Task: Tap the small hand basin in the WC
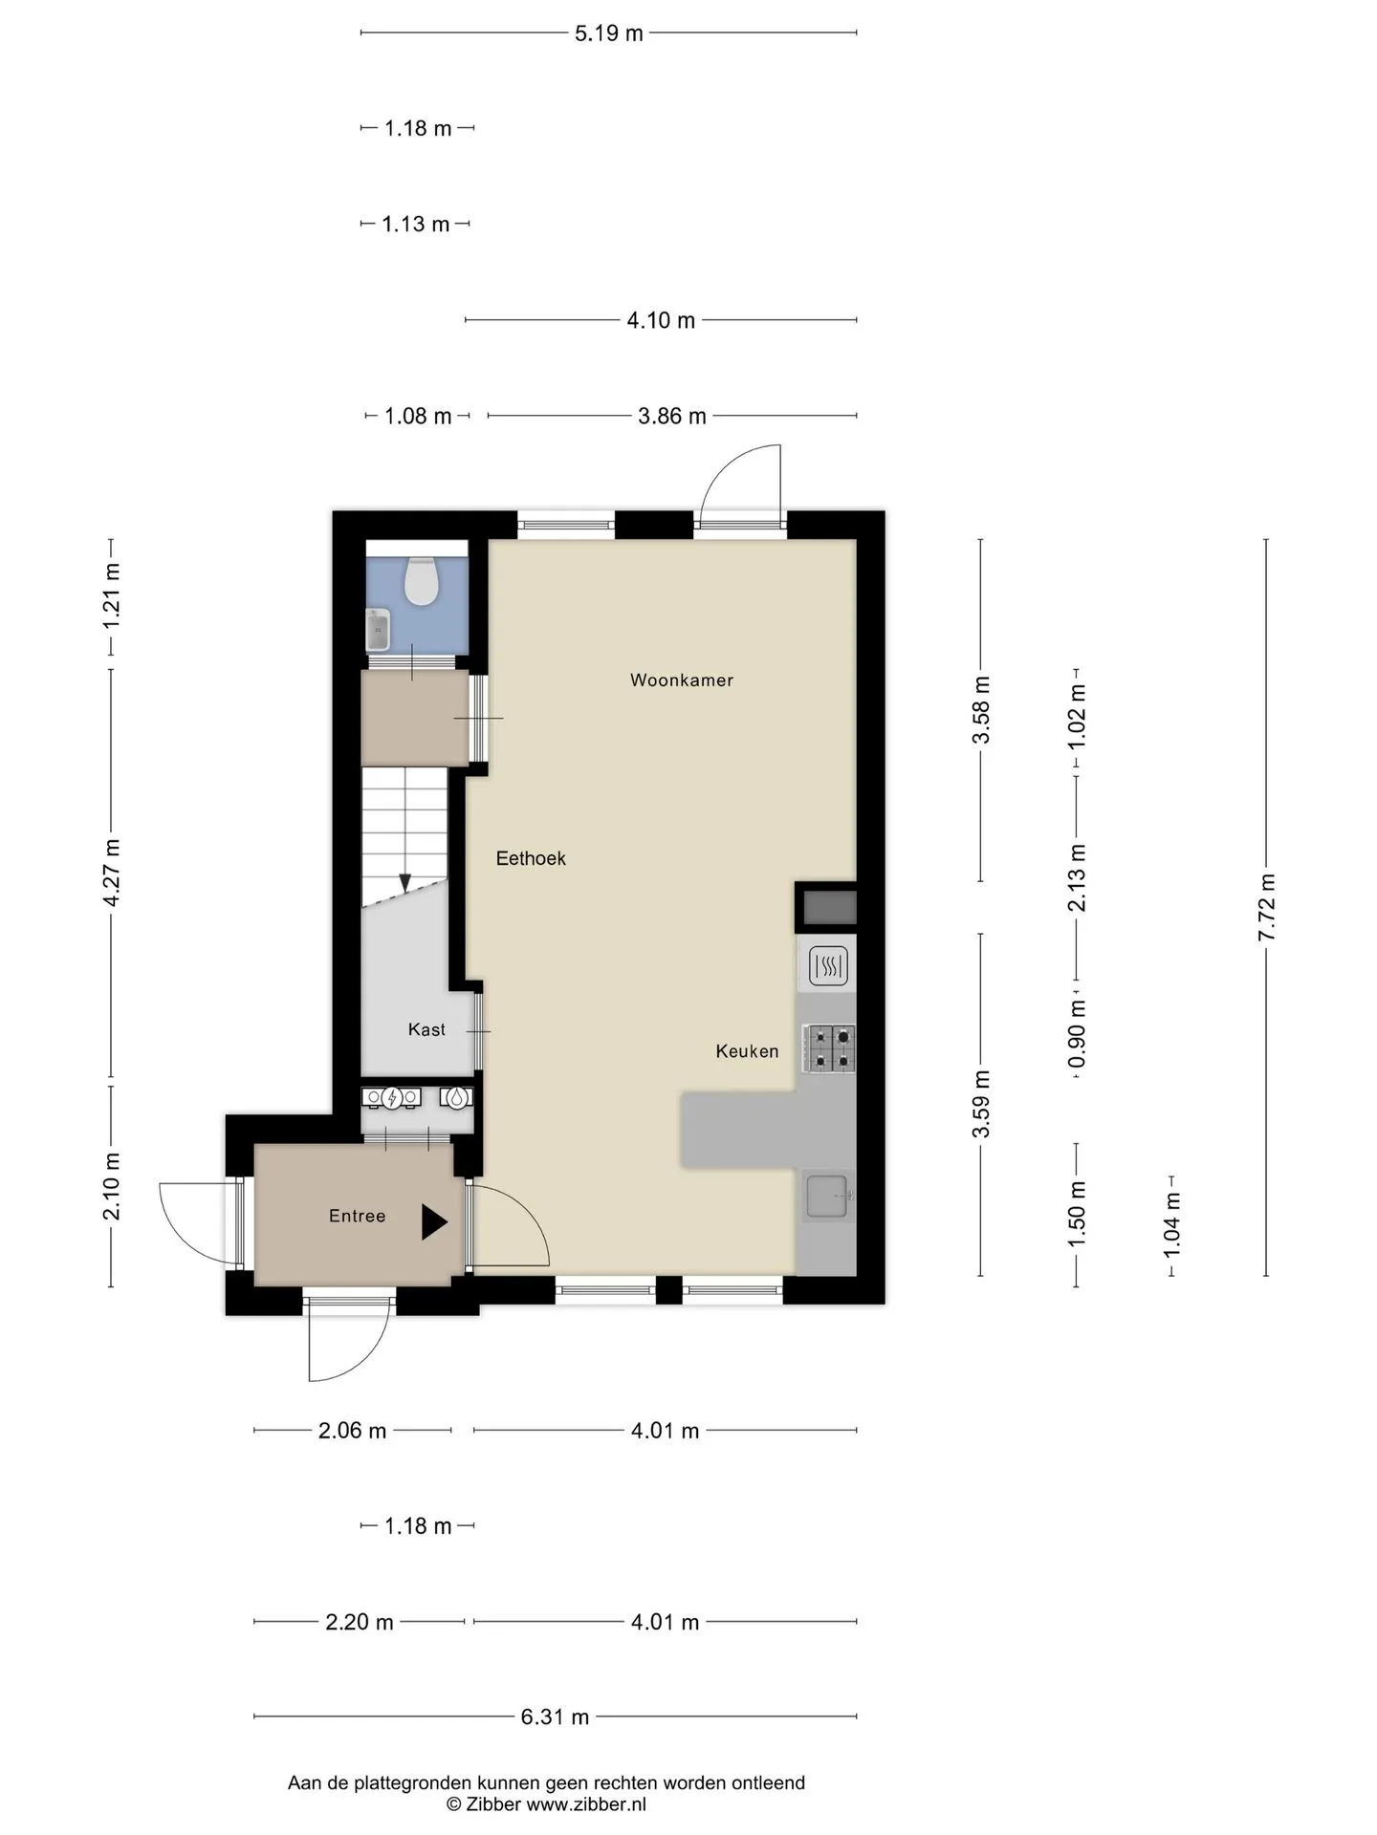(379, 630)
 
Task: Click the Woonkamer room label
(682, 680)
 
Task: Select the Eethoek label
(531, 858)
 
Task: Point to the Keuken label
(747, 1051)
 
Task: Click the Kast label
(426, 1029)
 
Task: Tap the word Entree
(357, 1216)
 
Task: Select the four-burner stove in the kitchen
(829, 1047)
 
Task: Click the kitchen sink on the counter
(828, 1197)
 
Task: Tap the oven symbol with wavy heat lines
(828, 965)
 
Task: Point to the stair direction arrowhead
(405, 883)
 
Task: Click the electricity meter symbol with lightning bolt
(392, 1098)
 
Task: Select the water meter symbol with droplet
(459, 1098)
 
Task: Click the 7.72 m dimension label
(1267, 907)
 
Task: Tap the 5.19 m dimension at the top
(609, 33)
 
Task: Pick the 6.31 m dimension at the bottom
(555, 1716)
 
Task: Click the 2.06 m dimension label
(352, 1431)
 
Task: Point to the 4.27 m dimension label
(112, 873)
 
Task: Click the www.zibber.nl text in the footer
(586, 1804)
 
